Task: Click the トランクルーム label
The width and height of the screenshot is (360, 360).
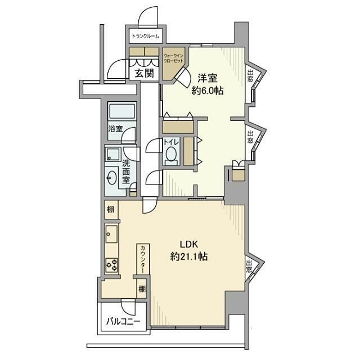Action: pyautogui.click(x=145, y=36)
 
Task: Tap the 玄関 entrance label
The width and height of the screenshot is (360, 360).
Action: pyautogui.click(x=144, y=73)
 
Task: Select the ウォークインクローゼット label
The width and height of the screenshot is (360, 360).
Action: pyautogui.click(x=174, y=58)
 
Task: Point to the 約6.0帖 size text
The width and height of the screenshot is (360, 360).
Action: pyautogui.click(x=208, y=91)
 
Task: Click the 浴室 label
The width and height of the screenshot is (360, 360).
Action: pyautogui.click(x=115, y=129)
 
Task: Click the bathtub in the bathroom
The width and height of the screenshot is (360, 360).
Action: pyautogui.click(x=122, y=111)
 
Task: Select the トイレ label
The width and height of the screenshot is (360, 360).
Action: pyautogui.click(x=171, y=142)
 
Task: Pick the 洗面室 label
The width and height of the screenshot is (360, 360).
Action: pyautogui.click(x=126, y=172)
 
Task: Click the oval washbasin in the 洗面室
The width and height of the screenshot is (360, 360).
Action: pyautogui.click(x=112, y=178)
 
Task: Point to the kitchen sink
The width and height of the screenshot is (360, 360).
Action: pyautogui.click(x=112, y=234)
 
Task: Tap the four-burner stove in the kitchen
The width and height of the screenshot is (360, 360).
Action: pyautogui.click(x=112, y=265)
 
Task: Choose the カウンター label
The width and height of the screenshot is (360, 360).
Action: pyautogui.click(x=143, y=259)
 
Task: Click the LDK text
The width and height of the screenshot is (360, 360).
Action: pyautogui.click(x=189, y=245)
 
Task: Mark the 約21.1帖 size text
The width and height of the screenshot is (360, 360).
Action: pyautogui.click(x=189, y=256)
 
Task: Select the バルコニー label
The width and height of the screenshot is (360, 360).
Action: pyautogui.click(x=123, y=321)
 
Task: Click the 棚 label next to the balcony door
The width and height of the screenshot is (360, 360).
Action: pyautogui.click(x=142, y=289)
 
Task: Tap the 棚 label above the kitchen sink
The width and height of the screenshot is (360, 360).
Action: pyautogui.click(x=111, y=210)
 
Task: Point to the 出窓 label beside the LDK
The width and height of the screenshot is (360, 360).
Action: pyautogui.click(x=249, y=266)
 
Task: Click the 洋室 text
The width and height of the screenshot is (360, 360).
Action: pyautogui.click(x=208, y=79)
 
